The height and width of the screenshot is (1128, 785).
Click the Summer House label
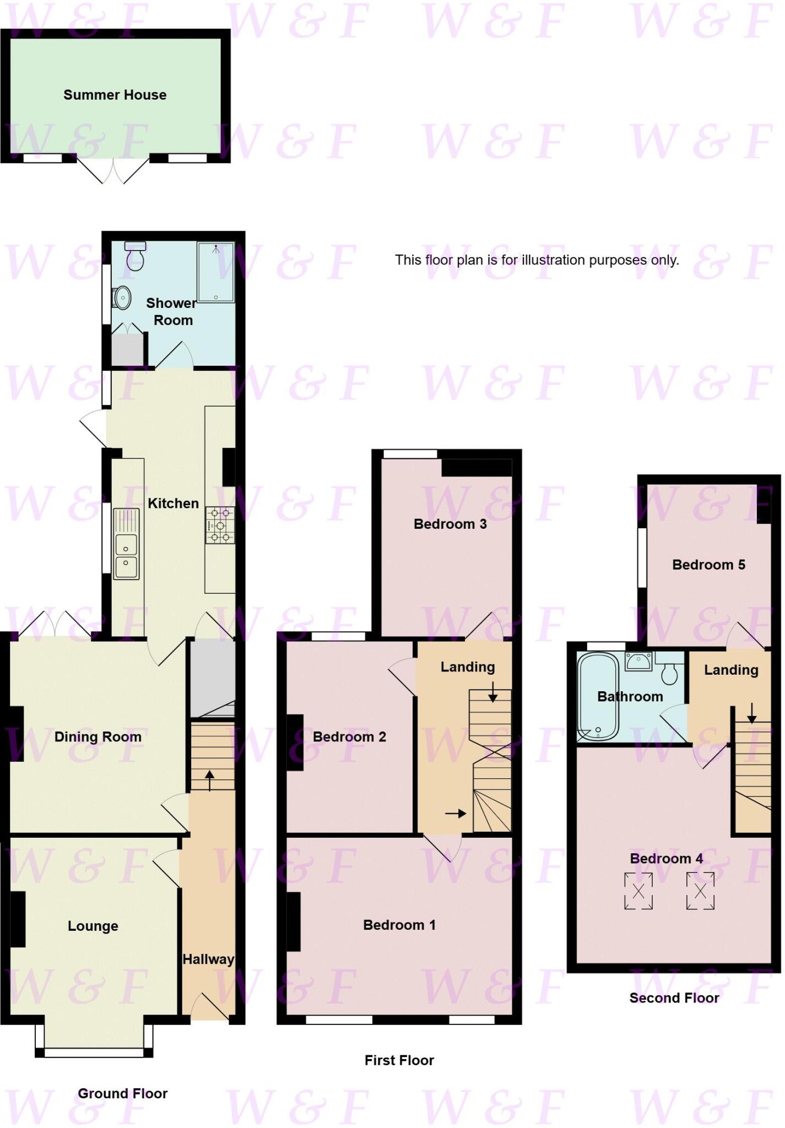point(115,95)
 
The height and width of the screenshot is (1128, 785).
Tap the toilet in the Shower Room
point(135,256)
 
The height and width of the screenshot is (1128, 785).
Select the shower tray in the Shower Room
point(216,272)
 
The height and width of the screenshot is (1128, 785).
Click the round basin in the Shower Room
point(122,298)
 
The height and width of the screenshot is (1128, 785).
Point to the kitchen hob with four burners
point(220,525)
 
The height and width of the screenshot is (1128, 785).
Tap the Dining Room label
point(98,736)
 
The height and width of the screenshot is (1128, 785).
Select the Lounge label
point(93,926)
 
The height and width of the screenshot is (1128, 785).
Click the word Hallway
point(208,959)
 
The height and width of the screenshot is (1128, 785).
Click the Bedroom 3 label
point(450,524)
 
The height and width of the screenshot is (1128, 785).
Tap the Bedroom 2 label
point(349,736)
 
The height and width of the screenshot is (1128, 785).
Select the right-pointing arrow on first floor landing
point(456,814)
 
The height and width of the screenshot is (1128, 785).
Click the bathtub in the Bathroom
point(598,697)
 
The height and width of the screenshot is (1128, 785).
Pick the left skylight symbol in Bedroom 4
point(638,891)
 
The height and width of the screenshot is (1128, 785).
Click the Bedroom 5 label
point(708,565)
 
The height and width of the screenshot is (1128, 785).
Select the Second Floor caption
point(674,998)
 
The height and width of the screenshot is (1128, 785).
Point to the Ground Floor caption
point(122,1093)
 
